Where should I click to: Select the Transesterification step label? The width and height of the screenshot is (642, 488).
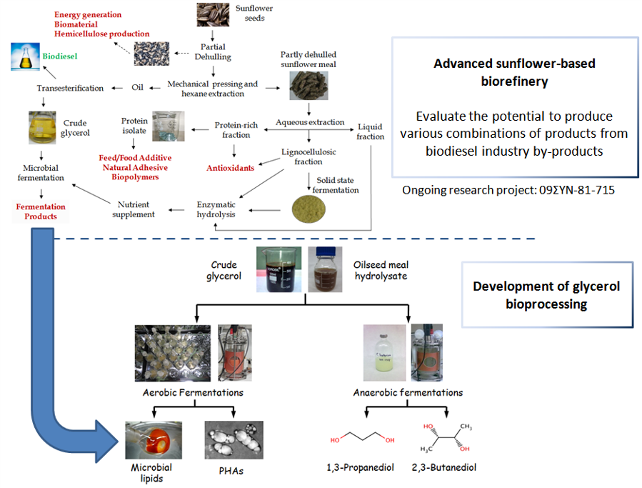[70, 88]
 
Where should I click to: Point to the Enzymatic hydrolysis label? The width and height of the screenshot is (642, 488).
[216, 209]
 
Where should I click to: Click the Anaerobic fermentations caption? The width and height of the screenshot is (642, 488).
[408, 392]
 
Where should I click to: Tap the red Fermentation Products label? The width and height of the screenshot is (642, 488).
[41, 211]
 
